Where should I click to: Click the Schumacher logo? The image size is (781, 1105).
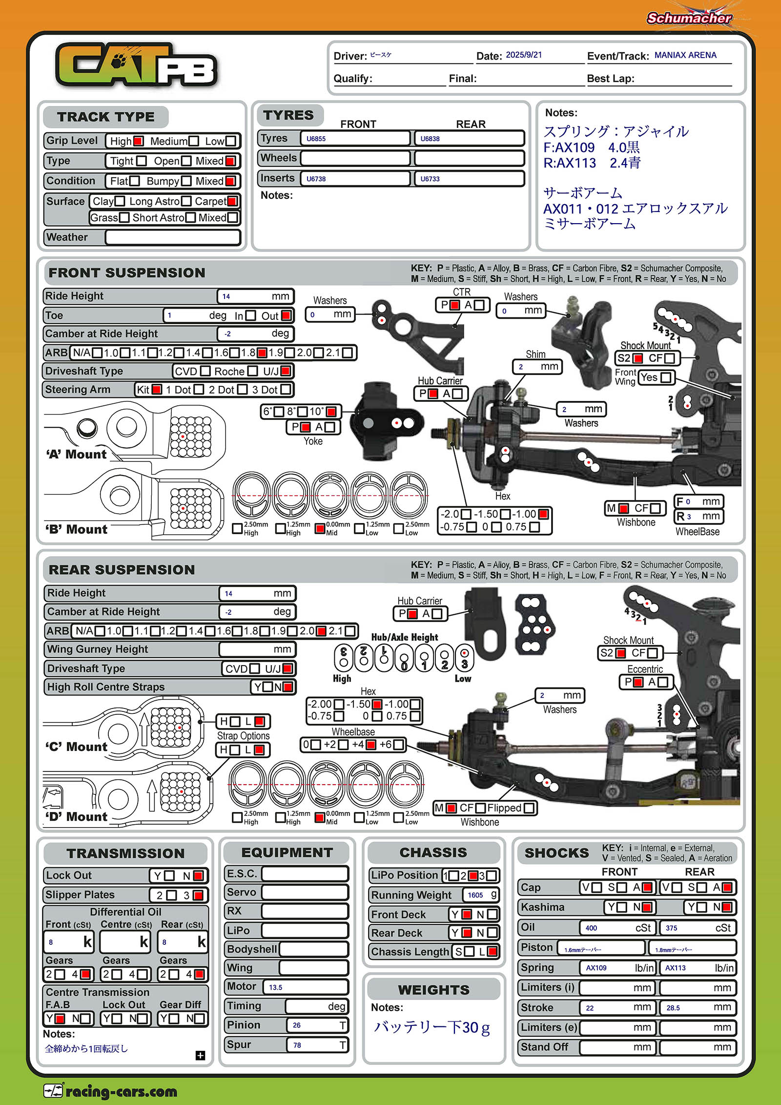689,18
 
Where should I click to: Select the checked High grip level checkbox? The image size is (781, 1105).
138,141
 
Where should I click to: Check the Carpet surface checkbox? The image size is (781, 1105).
232,201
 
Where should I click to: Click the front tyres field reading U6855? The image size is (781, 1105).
355,139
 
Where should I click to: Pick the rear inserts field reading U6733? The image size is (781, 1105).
469,179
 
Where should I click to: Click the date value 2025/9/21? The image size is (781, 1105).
524,55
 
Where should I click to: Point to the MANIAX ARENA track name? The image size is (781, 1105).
685,55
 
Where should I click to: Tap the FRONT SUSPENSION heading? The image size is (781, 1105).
127,273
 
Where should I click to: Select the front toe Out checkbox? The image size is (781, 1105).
287,315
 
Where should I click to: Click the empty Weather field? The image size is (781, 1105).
173,237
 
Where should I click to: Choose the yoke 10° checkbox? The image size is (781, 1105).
331,412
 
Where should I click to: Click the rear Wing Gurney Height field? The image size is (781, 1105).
257,649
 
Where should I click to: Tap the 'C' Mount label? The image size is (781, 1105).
77,747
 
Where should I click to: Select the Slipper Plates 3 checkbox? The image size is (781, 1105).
198,895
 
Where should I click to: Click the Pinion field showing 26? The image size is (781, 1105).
317,1025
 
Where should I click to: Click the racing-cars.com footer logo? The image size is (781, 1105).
110,1091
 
